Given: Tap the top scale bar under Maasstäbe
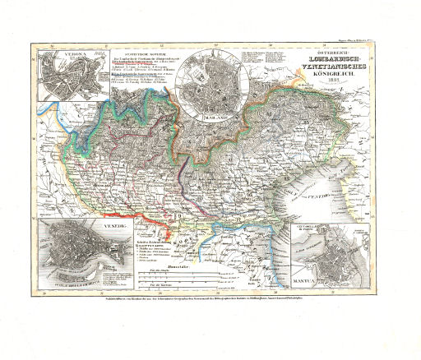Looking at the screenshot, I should [x=178, y=274].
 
